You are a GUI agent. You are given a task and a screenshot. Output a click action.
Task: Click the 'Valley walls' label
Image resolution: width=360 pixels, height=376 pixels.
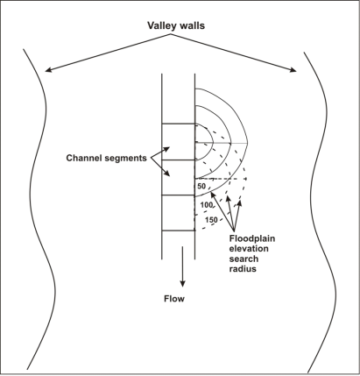(176, 25)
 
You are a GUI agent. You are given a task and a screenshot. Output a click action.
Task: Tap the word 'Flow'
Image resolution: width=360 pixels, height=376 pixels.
(174, 299)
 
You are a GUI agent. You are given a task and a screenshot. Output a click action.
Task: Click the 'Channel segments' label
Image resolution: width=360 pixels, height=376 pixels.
(106, 158)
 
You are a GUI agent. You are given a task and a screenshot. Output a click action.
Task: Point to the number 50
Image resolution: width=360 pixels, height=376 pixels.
(201, 186)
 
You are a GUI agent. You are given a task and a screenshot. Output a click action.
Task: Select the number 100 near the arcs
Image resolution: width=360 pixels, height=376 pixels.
(207, 205)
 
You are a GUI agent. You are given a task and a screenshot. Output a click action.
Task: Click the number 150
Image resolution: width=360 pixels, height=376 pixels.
(211, 220)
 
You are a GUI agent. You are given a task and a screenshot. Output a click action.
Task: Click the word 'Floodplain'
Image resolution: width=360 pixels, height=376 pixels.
(252, 238)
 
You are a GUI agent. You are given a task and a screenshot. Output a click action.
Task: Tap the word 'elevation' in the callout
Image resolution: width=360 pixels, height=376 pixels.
(249, 249)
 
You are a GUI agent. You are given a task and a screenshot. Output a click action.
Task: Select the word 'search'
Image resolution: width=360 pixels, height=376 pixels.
(244, 259)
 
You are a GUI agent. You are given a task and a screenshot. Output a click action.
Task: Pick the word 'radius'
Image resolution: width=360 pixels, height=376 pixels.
(243, 269)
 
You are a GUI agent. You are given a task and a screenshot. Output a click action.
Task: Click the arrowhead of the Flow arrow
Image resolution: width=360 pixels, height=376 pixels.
(182, 283)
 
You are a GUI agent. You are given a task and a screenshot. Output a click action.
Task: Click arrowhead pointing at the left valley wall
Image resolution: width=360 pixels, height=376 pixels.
(48, 70)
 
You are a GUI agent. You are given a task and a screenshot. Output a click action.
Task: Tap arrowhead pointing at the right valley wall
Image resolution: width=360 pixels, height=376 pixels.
(293, 70)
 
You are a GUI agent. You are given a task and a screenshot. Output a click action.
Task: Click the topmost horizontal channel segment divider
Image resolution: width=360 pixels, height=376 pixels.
(179, 124)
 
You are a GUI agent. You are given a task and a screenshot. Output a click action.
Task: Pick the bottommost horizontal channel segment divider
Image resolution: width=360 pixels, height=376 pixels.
(179, 231)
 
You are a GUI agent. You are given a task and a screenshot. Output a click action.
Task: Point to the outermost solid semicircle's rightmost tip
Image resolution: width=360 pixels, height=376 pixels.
(248, 143)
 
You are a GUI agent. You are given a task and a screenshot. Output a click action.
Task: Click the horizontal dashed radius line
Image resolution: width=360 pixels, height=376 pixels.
(221, 179)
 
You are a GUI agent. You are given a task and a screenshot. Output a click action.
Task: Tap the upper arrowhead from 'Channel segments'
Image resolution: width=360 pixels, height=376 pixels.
(167, 149)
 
